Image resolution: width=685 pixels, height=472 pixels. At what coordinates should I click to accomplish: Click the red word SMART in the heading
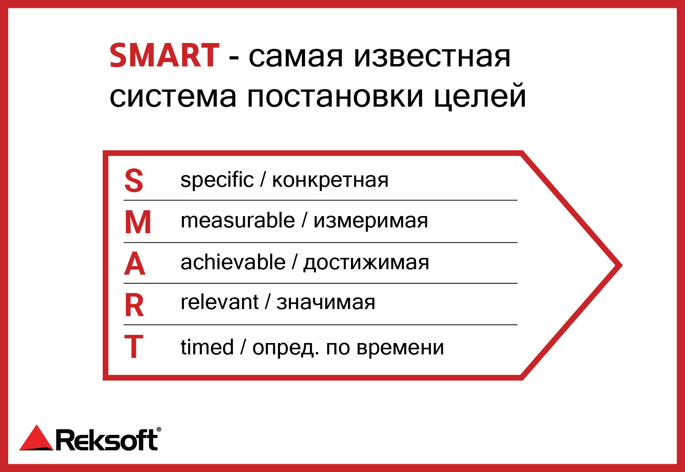click(x=164, y=55)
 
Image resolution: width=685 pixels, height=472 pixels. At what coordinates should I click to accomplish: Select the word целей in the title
click(x=480, y=96)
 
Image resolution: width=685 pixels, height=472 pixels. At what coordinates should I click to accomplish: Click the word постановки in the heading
click(x=335, y=97)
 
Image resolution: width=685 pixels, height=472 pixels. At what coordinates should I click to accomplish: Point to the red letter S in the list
click(x=134, y=181)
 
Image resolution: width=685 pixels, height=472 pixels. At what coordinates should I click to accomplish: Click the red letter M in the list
click(x=138, y=222)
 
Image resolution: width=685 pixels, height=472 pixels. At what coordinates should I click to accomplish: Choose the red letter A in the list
click(x=135, y=264)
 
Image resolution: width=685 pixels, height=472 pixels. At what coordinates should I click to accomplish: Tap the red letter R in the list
click(x=134, y=305)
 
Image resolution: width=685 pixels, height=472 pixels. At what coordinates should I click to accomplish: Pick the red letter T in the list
click(x=134, y=346)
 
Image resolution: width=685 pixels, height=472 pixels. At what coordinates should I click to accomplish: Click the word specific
click(x=217, y=180)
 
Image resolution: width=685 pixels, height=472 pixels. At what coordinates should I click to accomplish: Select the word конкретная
click(x=330, y=181)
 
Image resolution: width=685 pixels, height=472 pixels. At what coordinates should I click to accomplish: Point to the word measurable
click(x=238, y=220)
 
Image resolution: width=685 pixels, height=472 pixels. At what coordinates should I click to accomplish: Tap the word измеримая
click(x=371, y=222)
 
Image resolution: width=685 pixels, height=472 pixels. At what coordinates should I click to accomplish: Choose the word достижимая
click(x=366, y=263)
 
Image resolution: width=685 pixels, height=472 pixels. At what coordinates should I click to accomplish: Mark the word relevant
click(x=219, y=302)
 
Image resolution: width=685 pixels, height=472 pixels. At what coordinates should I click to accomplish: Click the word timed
click(x=207, y=347)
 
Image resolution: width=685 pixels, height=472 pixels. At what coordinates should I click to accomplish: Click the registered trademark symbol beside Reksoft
click(x=159, y=429)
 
